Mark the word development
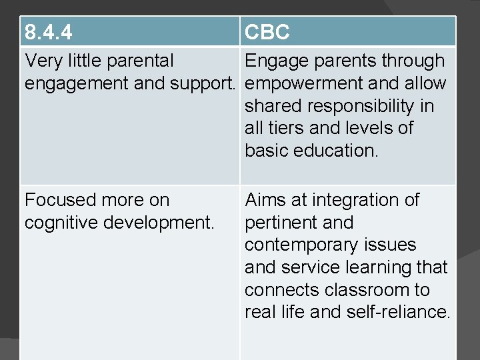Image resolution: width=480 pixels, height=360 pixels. [161, 223]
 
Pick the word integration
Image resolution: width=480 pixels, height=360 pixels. [355, 200]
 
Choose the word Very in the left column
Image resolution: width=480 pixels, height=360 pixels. [44, 61]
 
